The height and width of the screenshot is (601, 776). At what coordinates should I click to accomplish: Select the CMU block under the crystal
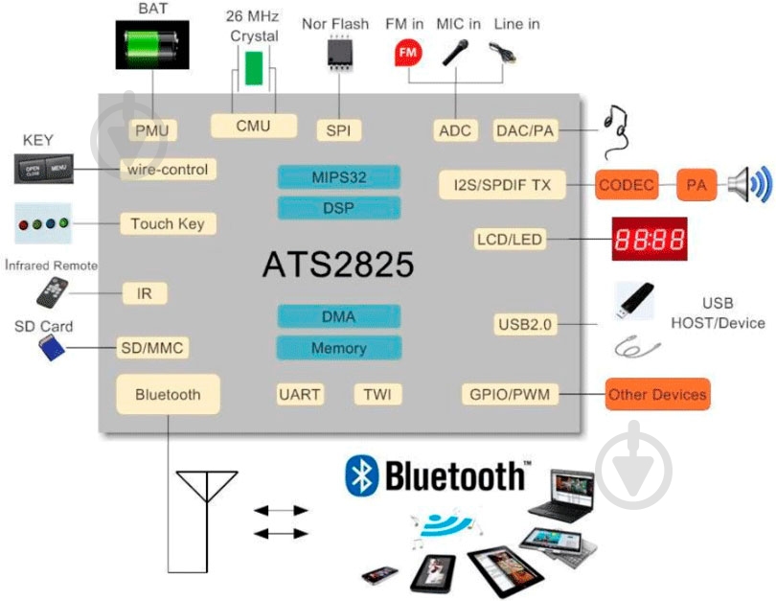click(253, 126)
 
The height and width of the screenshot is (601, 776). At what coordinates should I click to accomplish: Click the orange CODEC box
click(627, 184)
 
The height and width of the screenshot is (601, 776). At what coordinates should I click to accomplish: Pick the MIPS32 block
click(338, 177)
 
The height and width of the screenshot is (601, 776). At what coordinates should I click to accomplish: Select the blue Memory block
click(337, 348)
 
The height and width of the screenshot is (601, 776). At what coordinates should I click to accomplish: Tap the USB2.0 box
click(525, 324)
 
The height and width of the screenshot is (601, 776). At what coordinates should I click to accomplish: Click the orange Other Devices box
click(656, 394)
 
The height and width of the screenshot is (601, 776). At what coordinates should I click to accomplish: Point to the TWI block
click(378, 394)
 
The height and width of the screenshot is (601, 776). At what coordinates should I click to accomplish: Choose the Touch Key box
click(168, 223)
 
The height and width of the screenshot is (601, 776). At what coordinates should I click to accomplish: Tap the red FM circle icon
click(408, 53)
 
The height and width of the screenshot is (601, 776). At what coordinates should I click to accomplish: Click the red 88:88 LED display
click(650, 239)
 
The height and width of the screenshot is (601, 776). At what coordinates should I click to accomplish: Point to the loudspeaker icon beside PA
click(748, 184)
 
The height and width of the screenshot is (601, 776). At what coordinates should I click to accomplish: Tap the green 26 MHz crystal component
click(253, 69)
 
